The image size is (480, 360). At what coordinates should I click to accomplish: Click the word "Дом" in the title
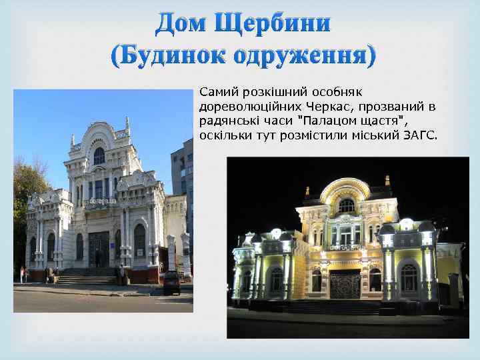[181, 23]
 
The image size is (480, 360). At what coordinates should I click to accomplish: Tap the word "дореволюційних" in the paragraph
[239, 107]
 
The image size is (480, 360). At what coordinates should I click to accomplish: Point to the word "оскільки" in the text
[221, 136]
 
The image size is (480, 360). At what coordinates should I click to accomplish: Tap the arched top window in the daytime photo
[99, 156]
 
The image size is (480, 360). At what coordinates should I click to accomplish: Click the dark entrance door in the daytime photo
[99, 249]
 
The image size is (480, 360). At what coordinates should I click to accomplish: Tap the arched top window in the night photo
[347, 206]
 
